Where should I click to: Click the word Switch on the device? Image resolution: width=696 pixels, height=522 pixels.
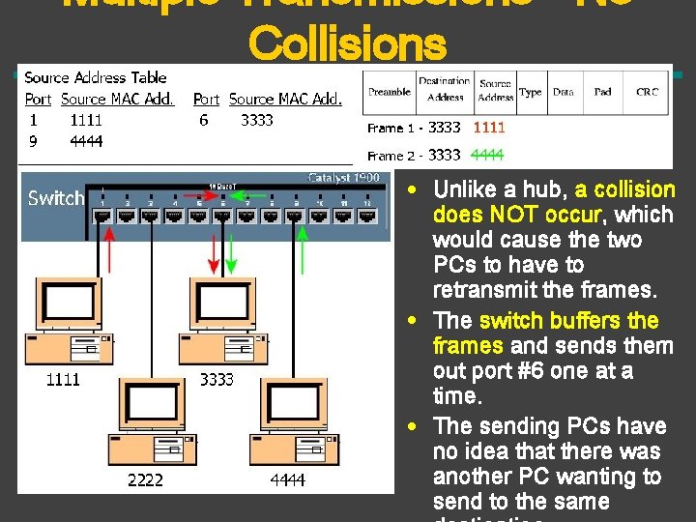[x=56, y=198]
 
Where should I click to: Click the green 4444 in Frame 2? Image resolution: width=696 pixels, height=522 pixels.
[x=487, y=155]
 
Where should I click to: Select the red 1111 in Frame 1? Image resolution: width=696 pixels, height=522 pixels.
[x=488, y=127]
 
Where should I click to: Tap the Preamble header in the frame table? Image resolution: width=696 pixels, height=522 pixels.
[x=389, y=92]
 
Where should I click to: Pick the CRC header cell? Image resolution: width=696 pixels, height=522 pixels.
[x=647, y=92]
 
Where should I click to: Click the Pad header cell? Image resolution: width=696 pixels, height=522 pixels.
[x=602, y=92]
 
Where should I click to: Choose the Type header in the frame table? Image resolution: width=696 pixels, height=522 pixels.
[x=530, y=92]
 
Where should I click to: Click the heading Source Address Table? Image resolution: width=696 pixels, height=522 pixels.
[x=95, y=77]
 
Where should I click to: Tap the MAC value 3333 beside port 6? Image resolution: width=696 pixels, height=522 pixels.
[x=257, y=120]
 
